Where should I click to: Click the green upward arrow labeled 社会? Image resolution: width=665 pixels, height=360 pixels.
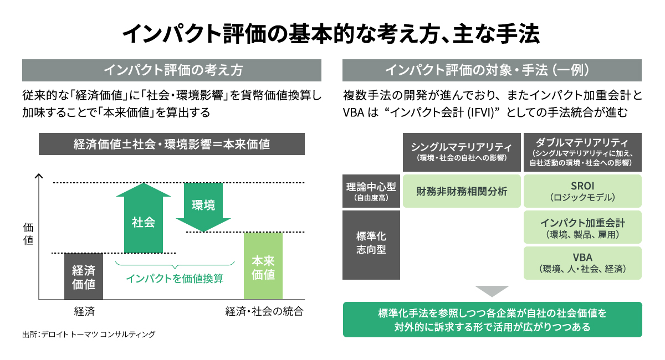click(x=144, y=218)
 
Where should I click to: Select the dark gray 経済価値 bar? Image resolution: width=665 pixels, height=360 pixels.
click(x=84, y=276)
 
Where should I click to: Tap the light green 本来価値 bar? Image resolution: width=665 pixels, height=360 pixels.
click(x=263, y=266)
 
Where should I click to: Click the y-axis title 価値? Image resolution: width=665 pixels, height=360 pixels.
click(x=28, y=234)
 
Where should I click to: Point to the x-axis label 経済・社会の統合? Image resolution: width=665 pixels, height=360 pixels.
click(x=264, y=311)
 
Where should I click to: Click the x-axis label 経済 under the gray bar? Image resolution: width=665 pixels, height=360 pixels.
click(x=84, y=311)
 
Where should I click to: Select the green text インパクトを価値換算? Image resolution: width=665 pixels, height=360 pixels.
click(x=175, y=279)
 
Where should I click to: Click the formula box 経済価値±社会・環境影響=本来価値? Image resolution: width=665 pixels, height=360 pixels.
click(x=172, y=144)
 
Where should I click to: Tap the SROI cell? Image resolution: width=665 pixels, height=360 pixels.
click(x=582, y=191)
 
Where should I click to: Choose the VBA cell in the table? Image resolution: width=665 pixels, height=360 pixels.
click(x=582, y=263)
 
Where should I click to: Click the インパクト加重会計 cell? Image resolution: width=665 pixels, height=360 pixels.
click(x=582, y=227)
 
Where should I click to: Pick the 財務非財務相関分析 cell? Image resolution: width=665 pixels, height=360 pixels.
click(x=462, y=191)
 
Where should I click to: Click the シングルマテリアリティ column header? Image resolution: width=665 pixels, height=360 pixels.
click(x=462, y=152)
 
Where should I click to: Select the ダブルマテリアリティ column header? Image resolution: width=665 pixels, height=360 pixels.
click(x=582, y=152)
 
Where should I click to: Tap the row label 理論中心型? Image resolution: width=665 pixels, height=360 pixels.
click(x=371, y=191)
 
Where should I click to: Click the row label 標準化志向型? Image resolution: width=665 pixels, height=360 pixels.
click(x=371, y=245)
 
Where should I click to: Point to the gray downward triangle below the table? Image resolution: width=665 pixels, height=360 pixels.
click(x=492, y=290)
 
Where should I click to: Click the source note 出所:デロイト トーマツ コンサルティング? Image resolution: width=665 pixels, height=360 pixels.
click(x=89, y=334)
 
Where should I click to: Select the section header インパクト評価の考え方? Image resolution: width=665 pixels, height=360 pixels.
click(x=172, y=70)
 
